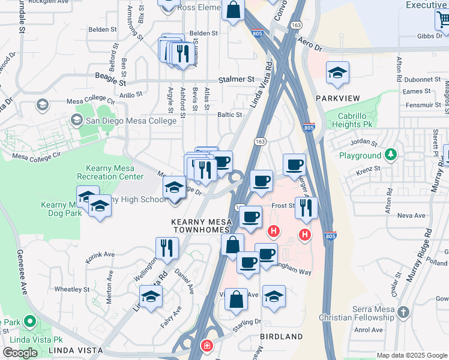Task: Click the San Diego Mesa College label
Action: [131, 120]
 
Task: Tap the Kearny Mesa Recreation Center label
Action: [110, 172]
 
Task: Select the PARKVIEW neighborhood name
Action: [337, 98]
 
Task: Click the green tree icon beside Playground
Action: [391, 155]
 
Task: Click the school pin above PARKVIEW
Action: [337, 73]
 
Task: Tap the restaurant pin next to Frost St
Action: [306, 208]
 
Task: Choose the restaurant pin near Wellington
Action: [166, 248]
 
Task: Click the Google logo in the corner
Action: [20, 353]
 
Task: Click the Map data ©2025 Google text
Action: [411, 355]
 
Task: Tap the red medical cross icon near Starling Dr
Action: [206, 347]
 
